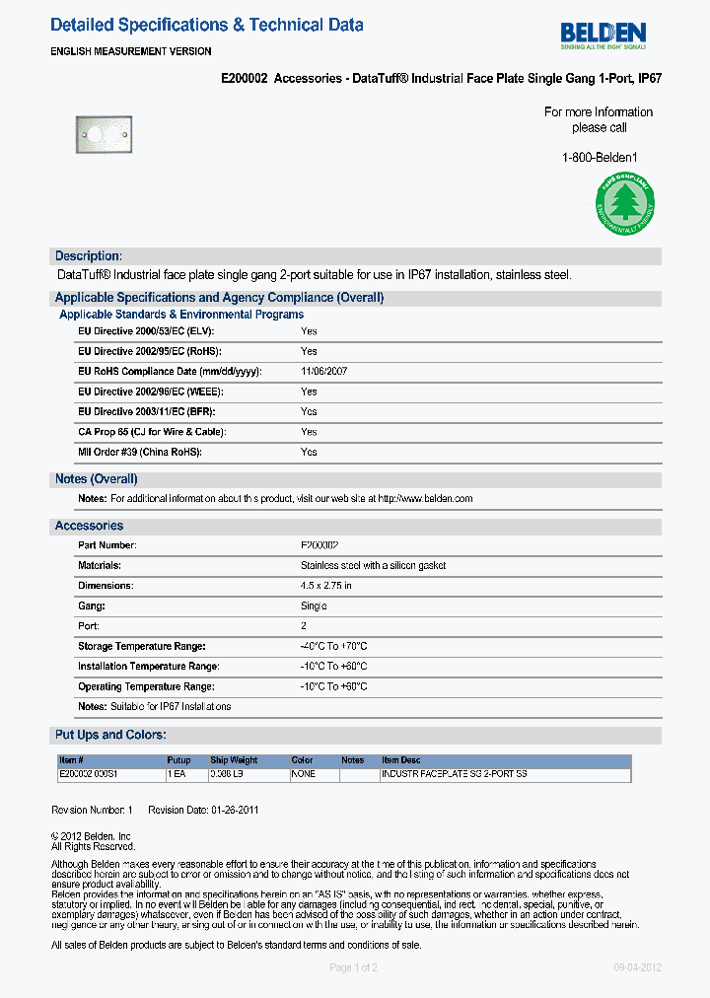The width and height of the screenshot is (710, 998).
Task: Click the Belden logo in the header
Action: click(x=603, y=36)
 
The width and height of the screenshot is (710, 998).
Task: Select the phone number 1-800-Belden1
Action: click(x=600, y=157)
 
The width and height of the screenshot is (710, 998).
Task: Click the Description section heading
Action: click(x=89, y=256)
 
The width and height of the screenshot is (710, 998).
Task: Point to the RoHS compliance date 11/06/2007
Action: click(x=323, y=372)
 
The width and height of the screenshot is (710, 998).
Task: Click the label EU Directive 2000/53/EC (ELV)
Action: click(x=146, y=331)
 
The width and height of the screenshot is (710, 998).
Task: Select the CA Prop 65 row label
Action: click(x=152, y=432)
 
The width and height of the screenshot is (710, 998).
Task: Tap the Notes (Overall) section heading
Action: click(x=96, y=479)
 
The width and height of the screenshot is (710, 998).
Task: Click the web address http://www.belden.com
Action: click(x=425, y=499)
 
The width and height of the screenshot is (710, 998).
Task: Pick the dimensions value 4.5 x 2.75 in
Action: click(x=325, y=586)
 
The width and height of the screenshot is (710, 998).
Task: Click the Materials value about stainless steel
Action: click(x=373, y=566)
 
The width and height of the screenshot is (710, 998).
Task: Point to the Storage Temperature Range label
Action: click(x=141, y=646)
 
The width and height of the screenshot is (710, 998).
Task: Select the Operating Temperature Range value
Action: click(x=333, y=686)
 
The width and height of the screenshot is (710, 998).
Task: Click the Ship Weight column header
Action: click(x=234, y=760)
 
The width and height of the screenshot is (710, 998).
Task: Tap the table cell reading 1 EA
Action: click(x=177, y=775)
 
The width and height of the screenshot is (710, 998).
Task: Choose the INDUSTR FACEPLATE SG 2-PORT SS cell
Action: click(x=454, y=775)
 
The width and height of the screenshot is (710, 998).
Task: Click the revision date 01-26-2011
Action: click(x=236, y=810)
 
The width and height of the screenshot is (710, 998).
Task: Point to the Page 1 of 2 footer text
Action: click(x=353, y=967)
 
